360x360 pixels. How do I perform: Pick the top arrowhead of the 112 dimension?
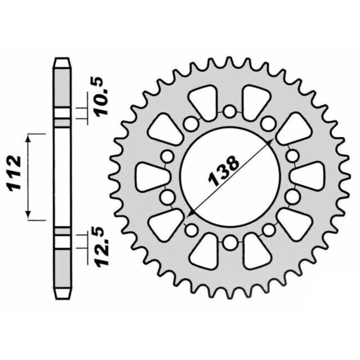point(29,138)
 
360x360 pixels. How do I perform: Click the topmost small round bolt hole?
point(229,111)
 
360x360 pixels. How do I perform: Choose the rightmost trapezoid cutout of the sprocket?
point(310,176)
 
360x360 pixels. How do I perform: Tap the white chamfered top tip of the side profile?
point(63,62)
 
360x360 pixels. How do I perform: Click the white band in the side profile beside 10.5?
point(63,114)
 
